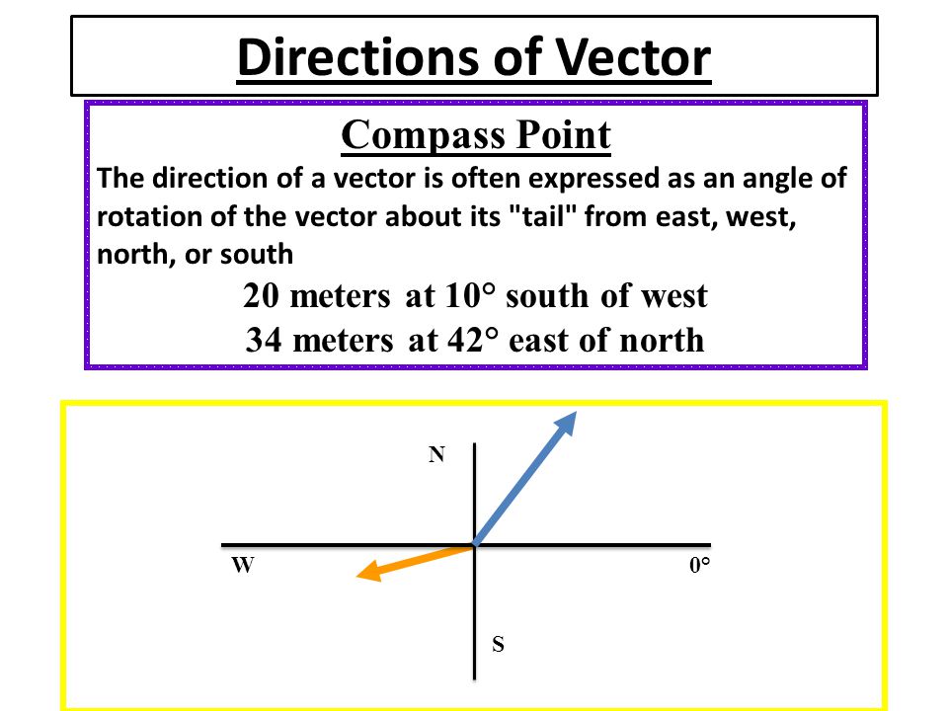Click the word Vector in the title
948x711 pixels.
633,57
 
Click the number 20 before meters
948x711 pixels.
261,296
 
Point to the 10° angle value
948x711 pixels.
470,296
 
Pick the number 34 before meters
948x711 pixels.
264,340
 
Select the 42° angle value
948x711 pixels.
474,340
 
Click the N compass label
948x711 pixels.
437,454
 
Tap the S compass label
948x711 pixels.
498,644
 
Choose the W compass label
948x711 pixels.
243,565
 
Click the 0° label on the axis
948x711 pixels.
699,565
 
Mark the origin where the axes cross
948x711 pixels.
475,545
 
